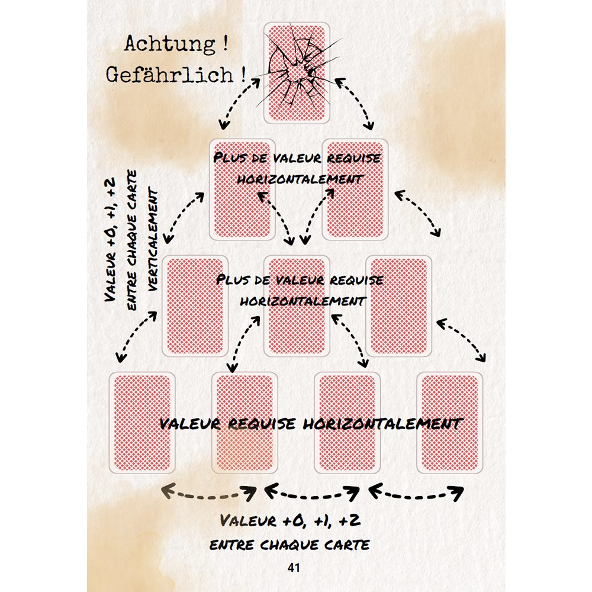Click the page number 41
click(294, 568)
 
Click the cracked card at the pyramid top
click(296, 101)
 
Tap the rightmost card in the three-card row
click(398, 305)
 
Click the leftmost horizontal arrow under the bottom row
click(209, 493)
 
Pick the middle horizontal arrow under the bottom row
click(312, 493)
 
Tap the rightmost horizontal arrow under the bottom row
click(416, 493)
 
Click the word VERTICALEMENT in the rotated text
click(155, 240)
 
